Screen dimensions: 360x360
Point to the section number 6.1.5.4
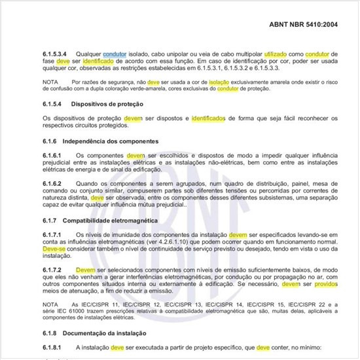52,103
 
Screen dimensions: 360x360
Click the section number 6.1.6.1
52,155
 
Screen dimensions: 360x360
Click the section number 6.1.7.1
52,235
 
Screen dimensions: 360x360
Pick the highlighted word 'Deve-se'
53,249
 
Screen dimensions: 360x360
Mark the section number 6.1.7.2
52,270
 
